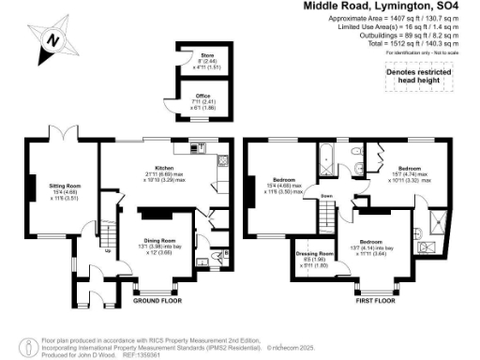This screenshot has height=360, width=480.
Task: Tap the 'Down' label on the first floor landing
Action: click(326, 196)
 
